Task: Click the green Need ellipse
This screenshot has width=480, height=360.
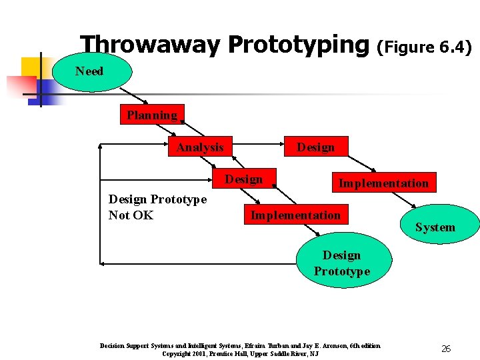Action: (89, 71)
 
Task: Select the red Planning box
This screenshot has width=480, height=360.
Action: (152, 115)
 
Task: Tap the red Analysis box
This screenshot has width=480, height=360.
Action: (200, 147)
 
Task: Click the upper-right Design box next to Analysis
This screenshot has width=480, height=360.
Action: (315, 147)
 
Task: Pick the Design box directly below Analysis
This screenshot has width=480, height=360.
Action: (243, 179)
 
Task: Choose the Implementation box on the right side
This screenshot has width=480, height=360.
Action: (383, 183)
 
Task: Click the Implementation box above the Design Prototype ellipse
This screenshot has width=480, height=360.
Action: (295, 215)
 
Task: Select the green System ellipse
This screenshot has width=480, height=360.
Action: (435, 227)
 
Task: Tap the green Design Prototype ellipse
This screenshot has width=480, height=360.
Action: (341, 263)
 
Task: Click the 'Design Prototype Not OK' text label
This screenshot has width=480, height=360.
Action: (157, 207)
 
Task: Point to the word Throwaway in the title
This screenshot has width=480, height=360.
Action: (149, 45)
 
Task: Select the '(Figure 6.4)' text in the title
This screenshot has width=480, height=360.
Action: (425, 47)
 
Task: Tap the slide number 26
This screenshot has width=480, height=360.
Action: (446, 348)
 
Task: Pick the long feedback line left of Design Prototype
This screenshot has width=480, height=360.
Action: (200, 264)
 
